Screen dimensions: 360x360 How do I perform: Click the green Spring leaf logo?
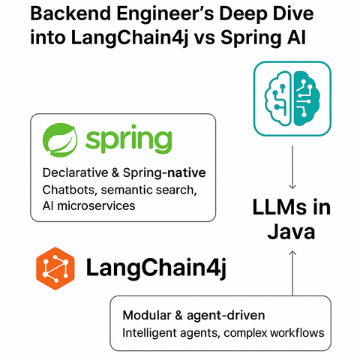click(x=60, y=140)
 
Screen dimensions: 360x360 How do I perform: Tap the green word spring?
click(x=129, y=139)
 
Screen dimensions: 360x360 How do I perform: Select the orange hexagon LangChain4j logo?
click(x=55, y=268)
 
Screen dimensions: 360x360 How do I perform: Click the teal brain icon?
click(x=292, y=99)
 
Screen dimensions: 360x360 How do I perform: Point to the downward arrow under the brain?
click(x=292, y=167)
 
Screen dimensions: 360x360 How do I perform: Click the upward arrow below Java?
click(x=292, y=273)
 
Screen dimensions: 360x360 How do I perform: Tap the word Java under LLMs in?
click(x=291, y=232)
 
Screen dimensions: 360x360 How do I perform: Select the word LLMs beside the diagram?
click(x=280, y=207)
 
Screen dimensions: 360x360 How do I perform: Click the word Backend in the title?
click(x=70, y=13)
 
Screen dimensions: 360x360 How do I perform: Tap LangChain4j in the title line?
click(x=130, y=38)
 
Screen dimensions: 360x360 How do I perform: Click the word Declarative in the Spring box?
click(x=75, y=172)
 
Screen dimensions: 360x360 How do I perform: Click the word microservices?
click(x=96, y=206)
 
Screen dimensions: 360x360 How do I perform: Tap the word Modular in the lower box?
click(x=147, y=315)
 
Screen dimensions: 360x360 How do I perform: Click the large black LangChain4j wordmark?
click(x=157, y=268)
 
